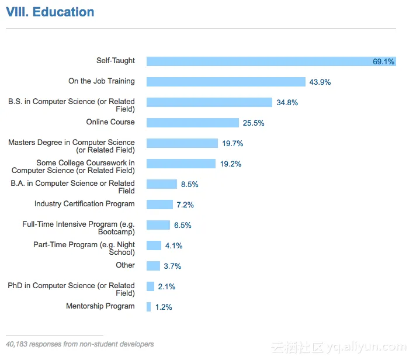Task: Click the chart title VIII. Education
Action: pyautogui.click(x=50, y=12)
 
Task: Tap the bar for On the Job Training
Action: pyautogui.click(x=226, y=82)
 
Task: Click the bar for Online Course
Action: pyautogui.click(x=193, y=123)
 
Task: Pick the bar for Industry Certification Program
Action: pyautogui.click(x=159, y=205)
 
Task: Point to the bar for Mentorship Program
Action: pyautogui.click(x=149, y=307)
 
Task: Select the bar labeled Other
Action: pyautogui.click(x=153, y=266)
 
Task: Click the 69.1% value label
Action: pyautogui.click(x=384, y=61)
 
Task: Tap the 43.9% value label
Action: pyautogui.click(x=320, y=82)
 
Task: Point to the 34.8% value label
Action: pyautogui.click(x=287, y=102)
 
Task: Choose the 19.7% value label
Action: pyautogui.click(x=232, y=143)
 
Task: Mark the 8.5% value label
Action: pyautogui.click(x=190, y=184)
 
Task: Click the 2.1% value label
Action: pyautogui.click(x=166, y=286)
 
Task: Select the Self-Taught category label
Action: pyautogui.click(x=116, y=61)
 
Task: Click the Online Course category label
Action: pyautogui.click(x=110, y=122)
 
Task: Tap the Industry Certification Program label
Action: pyautogui.click(x=85, y=204)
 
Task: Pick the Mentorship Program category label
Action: pyautogui.click(x=100, y=306)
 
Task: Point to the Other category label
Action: pyautogui.click(x=125, y=265)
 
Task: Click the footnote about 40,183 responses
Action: pyautogui.click(x=80, y=344)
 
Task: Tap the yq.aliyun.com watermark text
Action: pyautogui.click(x=366, y=347)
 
